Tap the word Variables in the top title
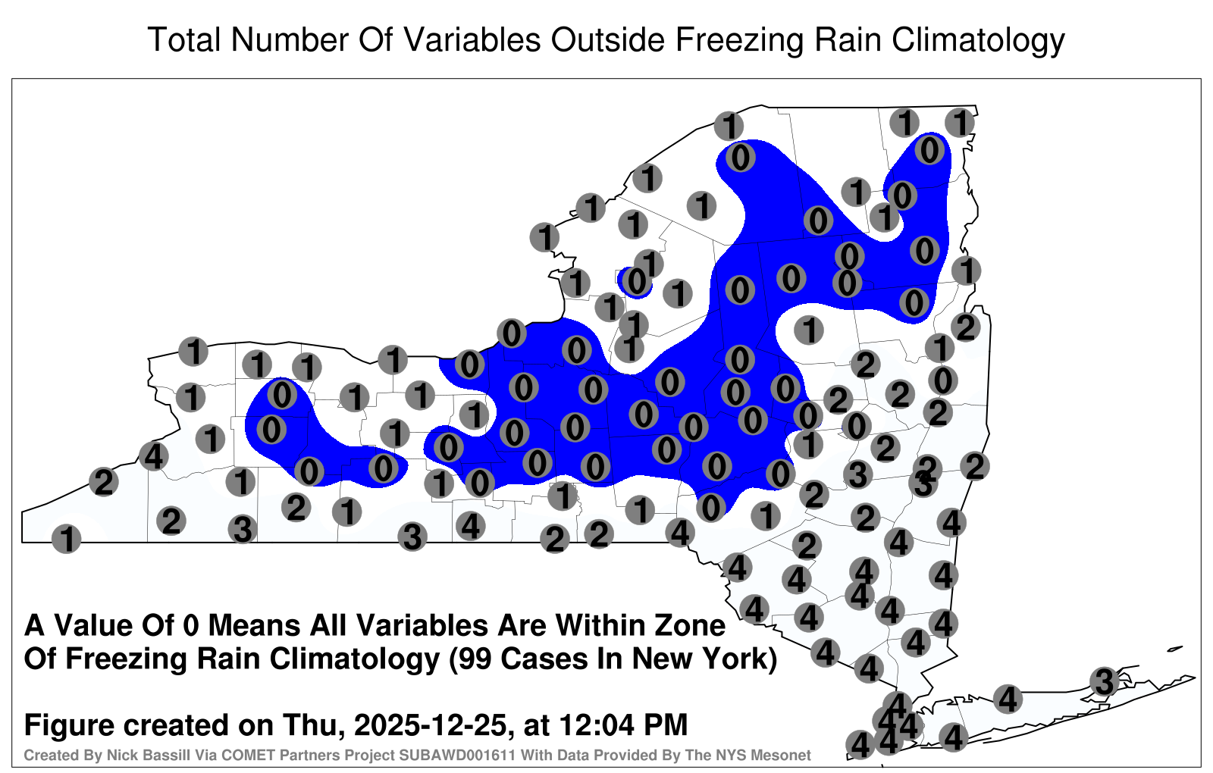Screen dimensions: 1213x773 coord(472,39)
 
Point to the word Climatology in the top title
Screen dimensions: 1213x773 coord(979,41)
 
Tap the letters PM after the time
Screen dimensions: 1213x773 coord(664,724)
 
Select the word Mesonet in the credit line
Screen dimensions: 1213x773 coord(784,755)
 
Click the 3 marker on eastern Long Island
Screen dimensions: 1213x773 coord(1104,681)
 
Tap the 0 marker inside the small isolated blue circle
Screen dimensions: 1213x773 coord(638,281)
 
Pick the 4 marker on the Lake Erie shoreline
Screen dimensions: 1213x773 coord(154,456)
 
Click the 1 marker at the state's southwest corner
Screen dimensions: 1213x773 coord(67,539)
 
